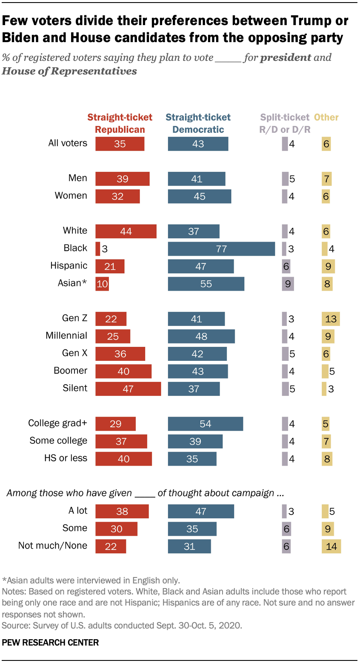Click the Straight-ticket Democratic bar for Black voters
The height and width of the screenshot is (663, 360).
pyautogui.click(x=221, y=249)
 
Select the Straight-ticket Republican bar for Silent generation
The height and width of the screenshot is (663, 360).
pyautogui.click(x=128, y=389)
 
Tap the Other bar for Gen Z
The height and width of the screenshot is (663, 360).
pyautogui.click(x=331, y=319)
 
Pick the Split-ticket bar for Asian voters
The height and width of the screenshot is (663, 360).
pyautogui.click(x=288, y=284)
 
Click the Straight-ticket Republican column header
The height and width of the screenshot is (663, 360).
pyautogui.click(x=120, y=123)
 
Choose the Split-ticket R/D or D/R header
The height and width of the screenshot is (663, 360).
pyautogui.click(x=285, y=123)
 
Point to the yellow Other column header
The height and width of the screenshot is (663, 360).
pyautogui.click(x=326, y=117)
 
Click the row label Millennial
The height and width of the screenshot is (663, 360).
pyautogui.click(x=66, y=336)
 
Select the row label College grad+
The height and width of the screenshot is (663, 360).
pyautogui.click(x=57, y=423)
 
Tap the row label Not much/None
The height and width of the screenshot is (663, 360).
pyautogui.click(x=52, y=546)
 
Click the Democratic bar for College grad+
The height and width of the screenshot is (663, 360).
pyautogui.click(x=205, y=424)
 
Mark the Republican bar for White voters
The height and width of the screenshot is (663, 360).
pyautogui.click(x=126, y=231)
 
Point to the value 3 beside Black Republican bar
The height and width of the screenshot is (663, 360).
pyautogui.click(x=105, y=249)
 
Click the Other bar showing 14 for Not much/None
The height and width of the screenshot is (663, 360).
pyautogui.click(x=331, y=546)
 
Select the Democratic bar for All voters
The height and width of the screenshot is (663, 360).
pyautogui.click(x=198, y=144)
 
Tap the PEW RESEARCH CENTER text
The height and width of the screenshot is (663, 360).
pyautogui.click(x=50, y=643)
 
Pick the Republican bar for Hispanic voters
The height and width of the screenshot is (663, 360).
pyautogui.click(x=110, y=266)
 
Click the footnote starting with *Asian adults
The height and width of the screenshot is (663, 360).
pyautogui.click(x=91, y=580)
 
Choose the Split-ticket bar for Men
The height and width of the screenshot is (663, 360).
pyautogui.click(x=285, y=179)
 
